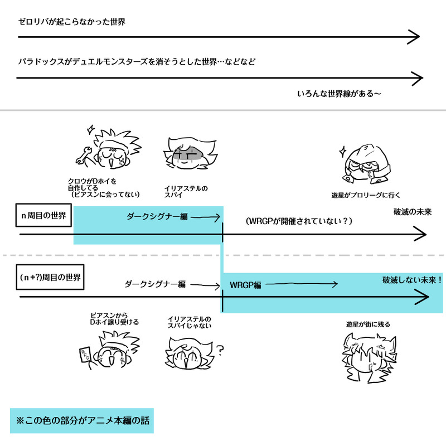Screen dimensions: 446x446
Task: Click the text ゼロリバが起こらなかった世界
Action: coord(71,22)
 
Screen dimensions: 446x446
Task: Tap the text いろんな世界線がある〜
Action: coord(340,93)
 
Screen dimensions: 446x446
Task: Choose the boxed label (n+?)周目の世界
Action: coord(50,277)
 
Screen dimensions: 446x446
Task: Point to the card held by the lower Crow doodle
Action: coord(84,355)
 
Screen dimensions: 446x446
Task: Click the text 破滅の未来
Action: coord(413,212)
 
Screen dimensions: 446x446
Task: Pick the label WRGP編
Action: coord(245,285)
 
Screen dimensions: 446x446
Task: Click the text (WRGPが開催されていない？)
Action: coord(299,221)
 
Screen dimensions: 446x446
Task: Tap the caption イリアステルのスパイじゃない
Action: coord(190,322)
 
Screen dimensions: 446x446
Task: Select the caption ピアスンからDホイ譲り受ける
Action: coord(114,319)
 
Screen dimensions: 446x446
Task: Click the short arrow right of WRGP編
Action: coord(301,284)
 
